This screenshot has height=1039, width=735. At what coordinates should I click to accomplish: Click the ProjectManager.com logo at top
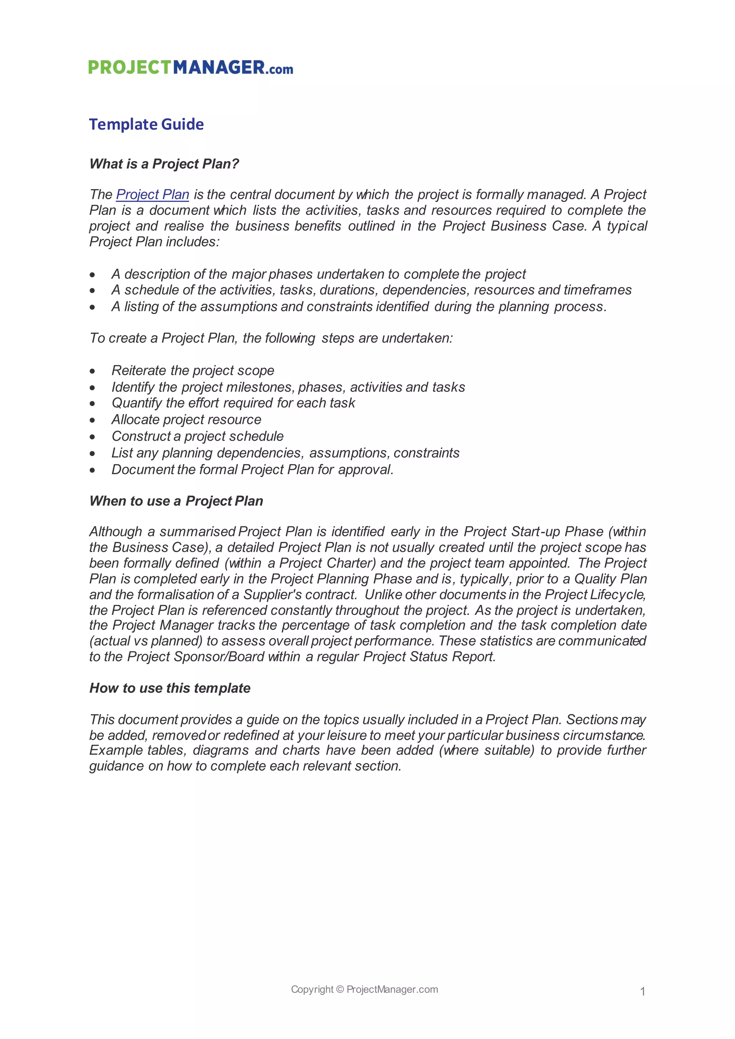(191, 67)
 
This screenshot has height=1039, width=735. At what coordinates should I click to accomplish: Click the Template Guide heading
(146, 124)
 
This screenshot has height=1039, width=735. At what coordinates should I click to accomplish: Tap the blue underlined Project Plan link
(153, 194)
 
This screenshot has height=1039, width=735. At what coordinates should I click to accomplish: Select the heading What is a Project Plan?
(164, 164)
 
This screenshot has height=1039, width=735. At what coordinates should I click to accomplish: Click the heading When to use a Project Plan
(176, 501)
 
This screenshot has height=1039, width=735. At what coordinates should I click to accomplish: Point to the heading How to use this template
(170, 688)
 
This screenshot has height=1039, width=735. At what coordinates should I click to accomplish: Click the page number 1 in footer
(642, 992)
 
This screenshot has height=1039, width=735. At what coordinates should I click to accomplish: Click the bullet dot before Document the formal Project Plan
(92, 471)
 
